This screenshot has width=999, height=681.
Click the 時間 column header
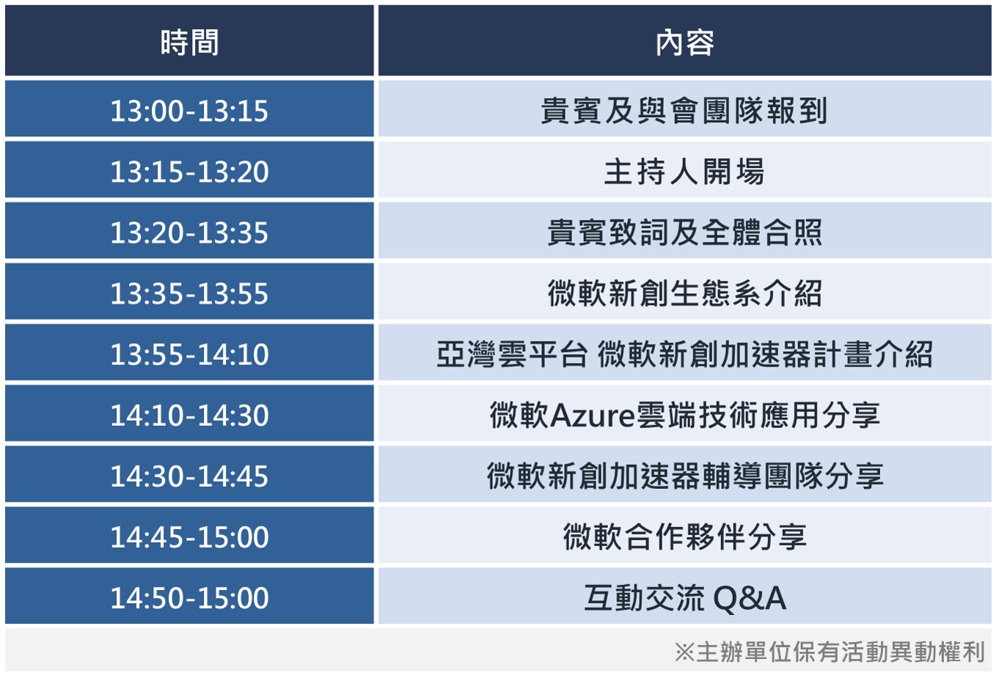[x=189, y=40]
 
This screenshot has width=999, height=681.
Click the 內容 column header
[x=684, y=40]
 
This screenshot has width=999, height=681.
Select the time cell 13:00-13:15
[x=189, y=108]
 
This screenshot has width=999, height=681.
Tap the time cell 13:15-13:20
[x=189, y=170]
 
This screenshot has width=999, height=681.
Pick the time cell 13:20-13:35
[x=189, y=231]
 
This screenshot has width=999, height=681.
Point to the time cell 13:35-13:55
[x=189, y=292]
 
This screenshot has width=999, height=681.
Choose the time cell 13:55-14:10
[x=189, y=353]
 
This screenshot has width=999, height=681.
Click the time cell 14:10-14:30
[x=189, y=413]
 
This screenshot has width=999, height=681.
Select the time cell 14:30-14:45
[x=189, y=474]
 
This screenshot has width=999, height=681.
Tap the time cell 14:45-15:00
[x=189, y=535]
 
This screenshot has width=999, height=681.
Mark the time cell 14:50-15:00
[x=189, y=596]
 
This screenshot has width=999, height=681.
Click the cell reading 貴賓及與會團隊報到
[x=684, y=108]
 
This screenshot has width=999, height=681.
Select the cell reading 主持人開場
[x=684, y=170]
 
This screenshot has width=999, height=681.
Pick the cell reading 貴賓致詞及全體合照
[x=684, y=231]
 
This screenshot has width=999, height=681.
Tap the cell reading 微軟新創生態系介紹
[x=684, y=292]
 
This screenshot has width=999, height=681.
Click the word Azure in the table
[x=593, y=416]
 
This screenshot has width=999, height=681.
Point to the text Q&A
[x=750, y=598]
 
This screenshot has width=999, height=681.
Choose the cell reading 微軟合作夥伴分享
[x=684, y=535]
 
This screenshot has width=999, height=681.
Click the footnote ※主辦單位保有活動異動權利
[x=830, y=652]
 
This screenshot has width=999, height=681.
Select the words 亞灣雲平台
[x=511, y=354]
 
